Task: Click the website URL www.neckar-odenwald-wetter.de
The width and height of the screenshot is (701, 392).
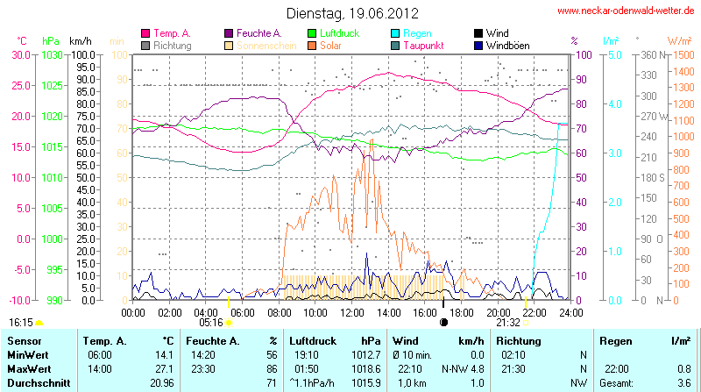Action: [626, 11]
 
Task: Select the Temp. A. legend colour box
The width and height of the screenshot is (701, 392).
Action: [145, 33]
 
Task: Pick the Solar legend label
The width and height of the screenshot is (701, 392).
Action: [330, 45]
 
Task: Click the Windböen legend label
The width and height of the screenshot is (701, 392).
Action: [509, 45]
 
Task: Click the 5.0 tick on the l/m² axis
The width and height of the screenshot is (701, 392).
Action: [614, 54]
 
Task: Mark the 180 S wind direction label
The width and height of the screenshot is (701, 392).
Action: [650, 177]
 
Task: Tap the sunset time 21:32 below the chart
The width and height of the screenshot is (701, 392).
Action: [508, 322]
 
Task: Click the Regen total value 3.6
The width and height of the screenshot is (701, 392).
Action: [682, 382]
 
